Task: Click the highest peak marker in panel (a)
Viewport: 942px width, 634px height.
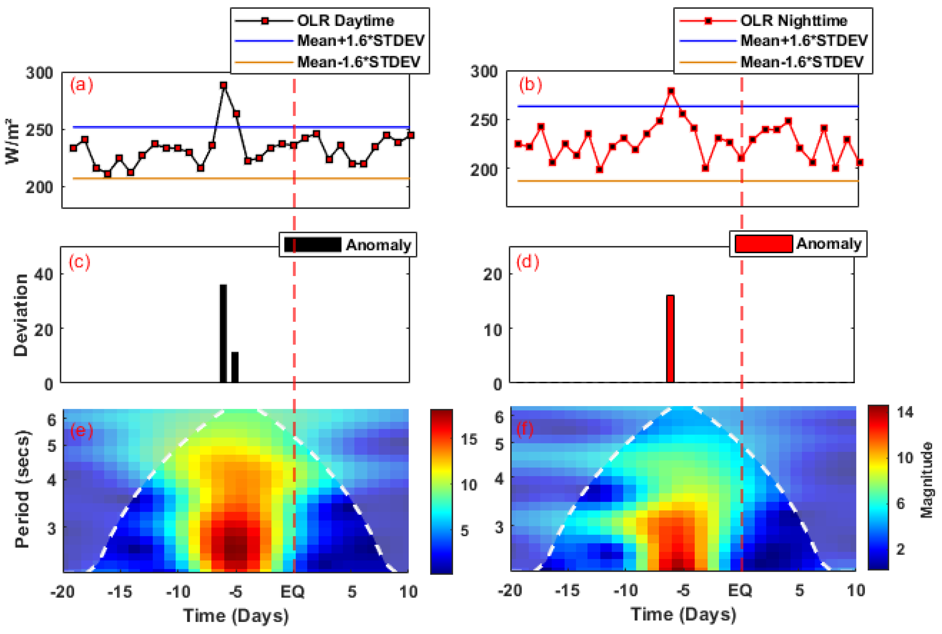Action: click(224, 85)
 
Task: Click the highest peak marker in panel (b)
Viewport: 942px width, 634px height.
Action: click(671, 91)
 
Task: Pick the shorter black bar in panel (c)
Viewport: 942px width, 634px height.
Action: click(235, 367)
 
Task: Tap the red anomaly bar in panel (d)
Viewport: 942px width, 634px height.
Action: click(670, 338)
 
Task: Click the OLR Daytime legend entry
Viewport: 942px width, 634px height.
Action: click(345, 20)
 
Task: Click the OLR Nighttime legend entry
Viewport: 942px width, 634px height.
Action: click(794, 20)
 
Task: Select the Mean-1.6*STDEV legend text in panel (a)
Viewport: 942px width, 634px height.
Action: click(359, 62)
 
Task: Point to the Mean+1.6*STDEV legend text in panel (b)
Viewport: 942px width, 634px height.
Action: click(804, 40)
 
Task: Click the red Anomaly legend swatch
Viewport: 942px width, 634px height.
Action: click(763, 243)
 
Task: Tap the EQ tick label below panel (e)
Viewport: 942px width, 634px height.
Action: click(293, 592)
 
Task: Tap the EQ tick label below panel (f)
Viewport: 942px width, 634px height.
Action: click(740, 590)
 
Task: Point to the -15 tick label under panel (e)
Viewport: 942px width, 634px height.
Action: click(120, 592)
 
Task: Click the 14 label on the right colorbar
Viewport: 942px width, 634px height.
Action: click(905, 412)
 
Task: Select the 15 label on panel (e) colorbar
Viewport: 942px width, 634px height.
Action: click(469, 439)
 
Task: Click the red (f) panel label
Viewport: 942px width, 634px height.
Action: click(525, 428)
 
